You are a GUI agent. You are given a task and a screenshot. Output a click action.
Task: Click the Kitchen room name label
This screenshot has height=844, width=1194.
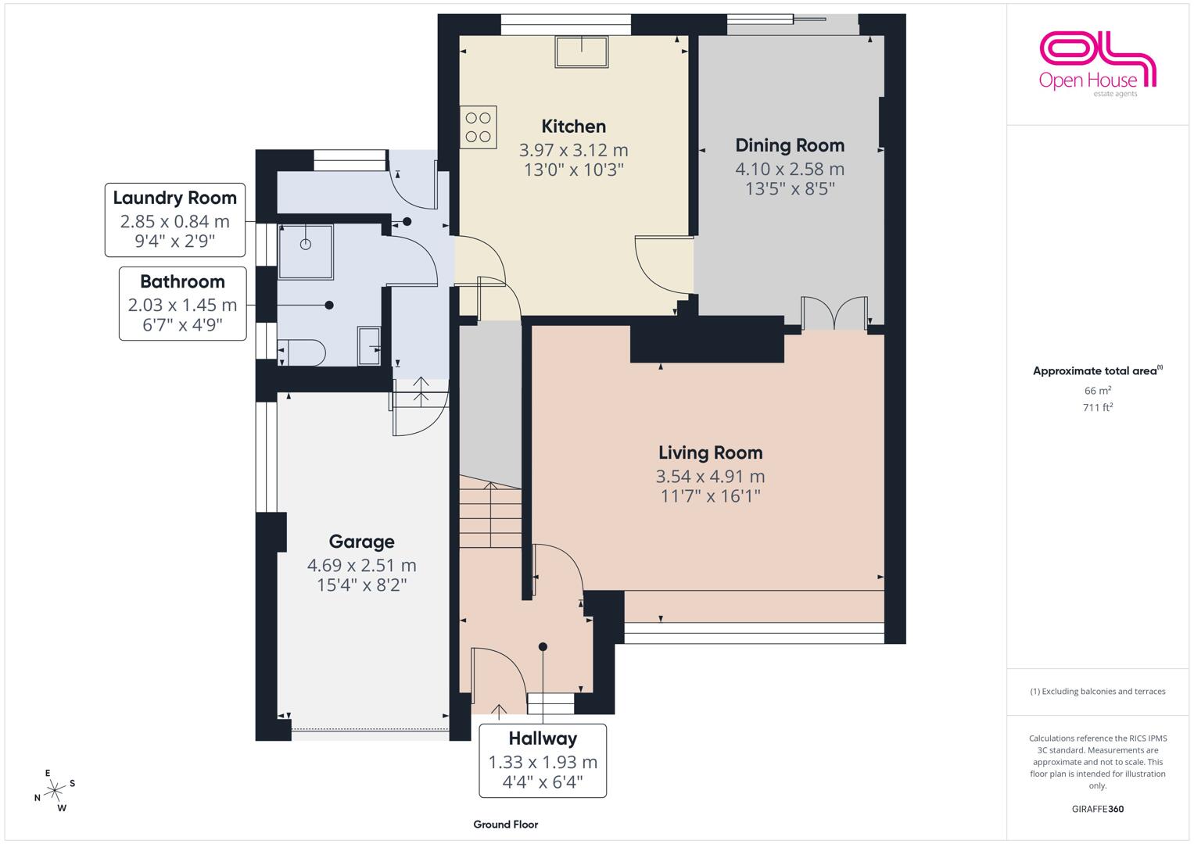[574, 127]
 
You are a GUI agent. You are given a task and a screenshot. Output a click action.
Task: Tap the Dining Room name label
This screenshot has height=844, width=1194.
[790, 145]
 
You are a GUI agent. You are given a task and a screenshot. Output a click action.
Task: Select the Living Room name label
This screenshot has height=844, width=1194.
[710, 452]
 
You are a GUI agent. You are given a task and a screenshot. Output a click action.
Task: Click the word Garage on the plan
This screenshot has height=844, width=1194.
[361, 542]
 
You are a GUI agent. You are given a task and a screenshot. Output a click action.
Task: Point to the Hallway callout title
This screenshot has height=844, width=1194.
[543, 738]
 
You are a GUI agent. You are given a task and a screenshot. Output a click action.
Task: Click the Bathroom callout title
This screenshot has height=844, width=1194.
[182, 281]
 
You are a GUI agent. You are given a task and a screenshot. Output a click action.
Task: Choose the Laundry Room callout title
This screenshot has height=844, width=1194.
[175, 198]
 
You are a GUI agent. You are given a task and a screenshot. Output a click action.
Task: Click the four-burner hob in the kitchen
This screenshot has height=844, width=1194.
[478, 127]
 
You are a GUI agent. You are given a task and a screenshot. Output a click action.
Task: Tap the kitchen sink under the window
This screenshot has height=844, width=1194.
[581, 52]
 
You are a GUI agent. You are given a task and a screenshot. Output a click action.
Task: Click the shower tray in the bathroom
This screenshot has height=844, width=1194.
[306, 252]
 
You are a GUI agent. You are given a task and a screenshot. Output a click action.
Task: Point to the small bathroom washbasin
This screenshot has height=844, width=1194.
[369, 346]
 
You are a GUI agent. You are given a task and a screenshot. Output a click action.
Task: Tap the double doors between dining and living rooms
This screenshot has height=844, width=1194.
[834, 313]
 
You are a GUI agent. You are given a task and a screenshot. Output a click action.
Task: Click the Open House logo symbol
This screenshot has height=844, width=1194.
[1098, 58]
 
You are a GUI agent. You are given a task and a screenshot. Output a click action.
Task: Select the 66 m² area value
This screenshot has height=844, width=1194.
[1098, 390]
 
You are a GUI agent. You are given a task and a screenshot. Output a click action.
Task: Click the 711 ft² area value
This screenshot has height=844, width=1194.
[1098, 407]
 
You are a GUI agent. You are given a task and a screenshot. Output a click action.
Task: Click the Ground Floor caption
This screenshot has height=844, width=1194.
[505, 824]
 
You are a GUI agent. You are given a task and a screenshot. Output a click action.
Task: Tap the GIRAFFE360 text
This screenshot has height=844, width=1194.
[1098, 809]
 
